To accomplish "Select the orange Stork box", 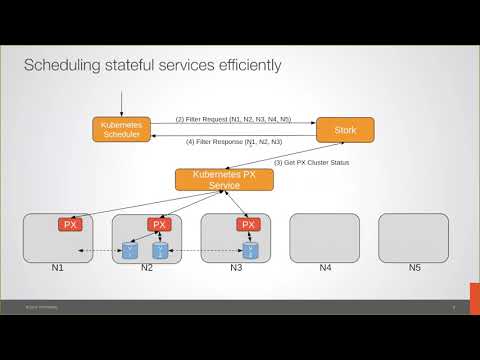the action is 344,129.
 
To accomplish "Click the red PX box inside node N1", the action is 70,224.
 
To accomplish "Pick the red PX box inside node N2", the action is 159,224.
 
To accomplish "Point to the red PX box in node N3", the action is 248,224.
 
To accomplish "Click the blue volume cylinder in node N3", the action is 249,250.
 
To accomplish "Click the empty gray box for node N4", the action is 325,238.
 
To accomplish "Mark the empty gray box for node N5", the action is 413,238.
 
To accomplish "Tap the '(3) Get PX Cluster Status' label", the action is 311,162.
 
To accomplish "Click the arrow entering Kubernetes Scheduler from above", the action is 121,102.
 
